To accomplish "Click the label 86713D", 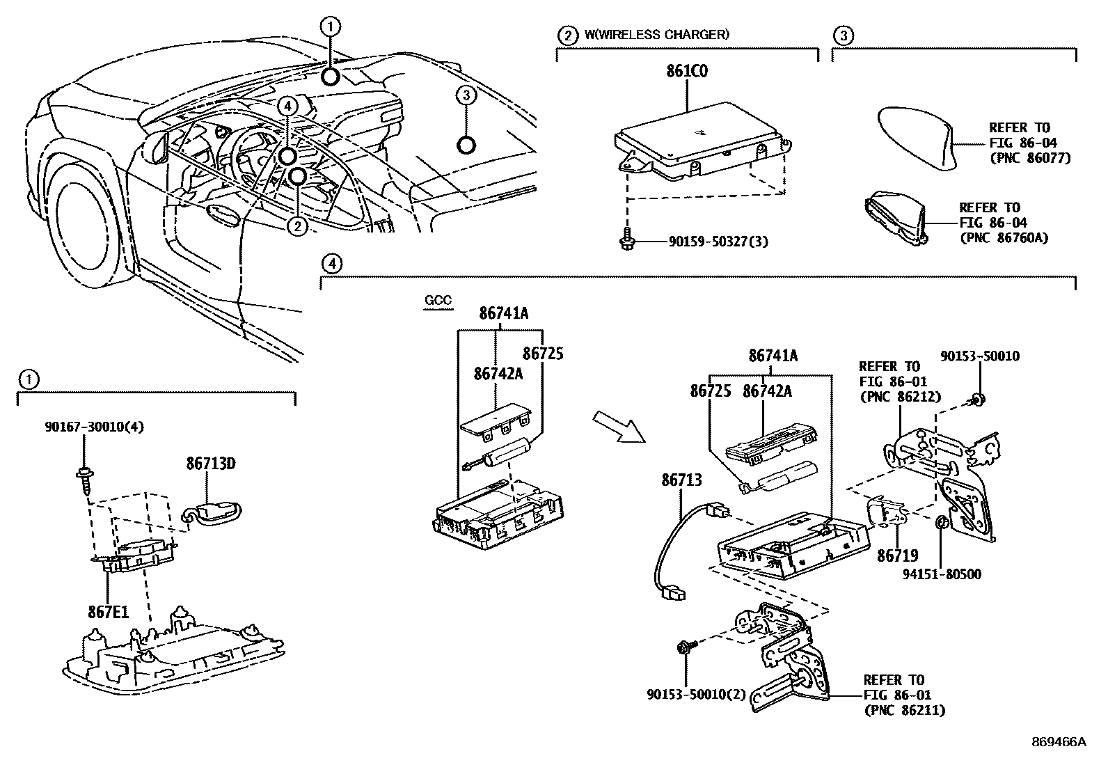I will coord(210,463).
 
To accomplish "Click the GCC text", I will coord(438,301).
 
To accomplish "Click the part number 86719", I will coord(897,555).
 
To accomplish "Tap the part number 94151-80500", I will coord(942,574).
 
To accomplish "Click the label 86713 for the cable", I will coord(681,480).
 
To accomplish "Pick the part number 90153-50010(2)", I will coord(686,694).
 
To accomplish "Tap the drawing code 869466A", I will coord(1058,741).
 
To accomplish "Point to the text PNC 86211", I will coord(904,711).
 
